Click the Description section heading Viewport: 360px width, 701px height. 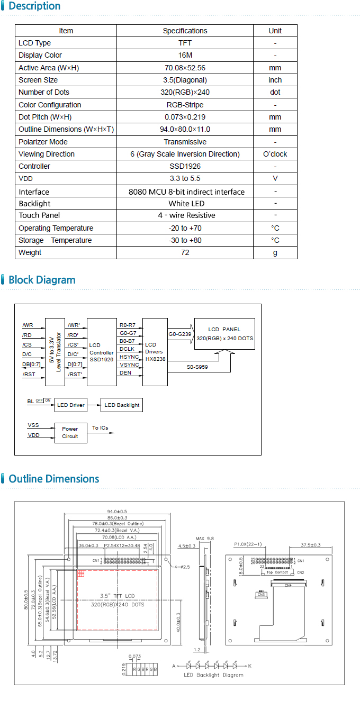pos(34,6)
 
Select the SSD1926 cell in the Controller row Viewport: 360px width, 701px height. pos(185,166)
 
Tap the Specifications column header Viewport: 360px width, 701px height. pos(185,31)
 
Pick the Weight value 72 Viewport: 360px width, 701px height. pos(185,252)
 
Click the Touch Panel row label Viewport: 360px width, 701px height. pos(39,215)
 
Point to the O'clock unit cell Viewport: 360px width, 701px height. pos(275,154)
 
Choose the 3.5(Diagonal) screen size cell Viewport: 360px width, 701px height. pos(185,80)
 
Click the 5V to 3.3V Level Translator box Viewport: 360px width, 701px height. pos(55,352)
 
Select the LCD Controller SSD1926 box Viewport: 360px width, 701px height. pos(102,352)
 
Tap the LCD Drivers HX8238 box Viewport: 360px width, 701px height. pos(155,352)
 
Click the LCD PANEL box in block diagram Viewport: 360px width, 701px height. pos(224,334)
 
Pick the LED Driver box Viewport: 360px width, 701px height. pos(70,405)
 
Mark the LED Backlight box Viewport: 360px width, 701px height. pos(122,405)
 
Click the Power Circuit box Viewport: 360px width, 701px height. pos(70,432)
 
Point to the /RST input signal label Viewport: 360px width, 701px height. pos(29,375)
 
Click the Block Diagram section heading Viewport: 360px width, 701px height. pos(42,280)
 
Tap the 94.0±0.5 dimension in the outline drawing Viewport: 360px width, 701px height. pos(117,512)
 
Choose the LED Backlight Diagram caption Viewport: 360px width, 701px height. pos(213,675)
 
